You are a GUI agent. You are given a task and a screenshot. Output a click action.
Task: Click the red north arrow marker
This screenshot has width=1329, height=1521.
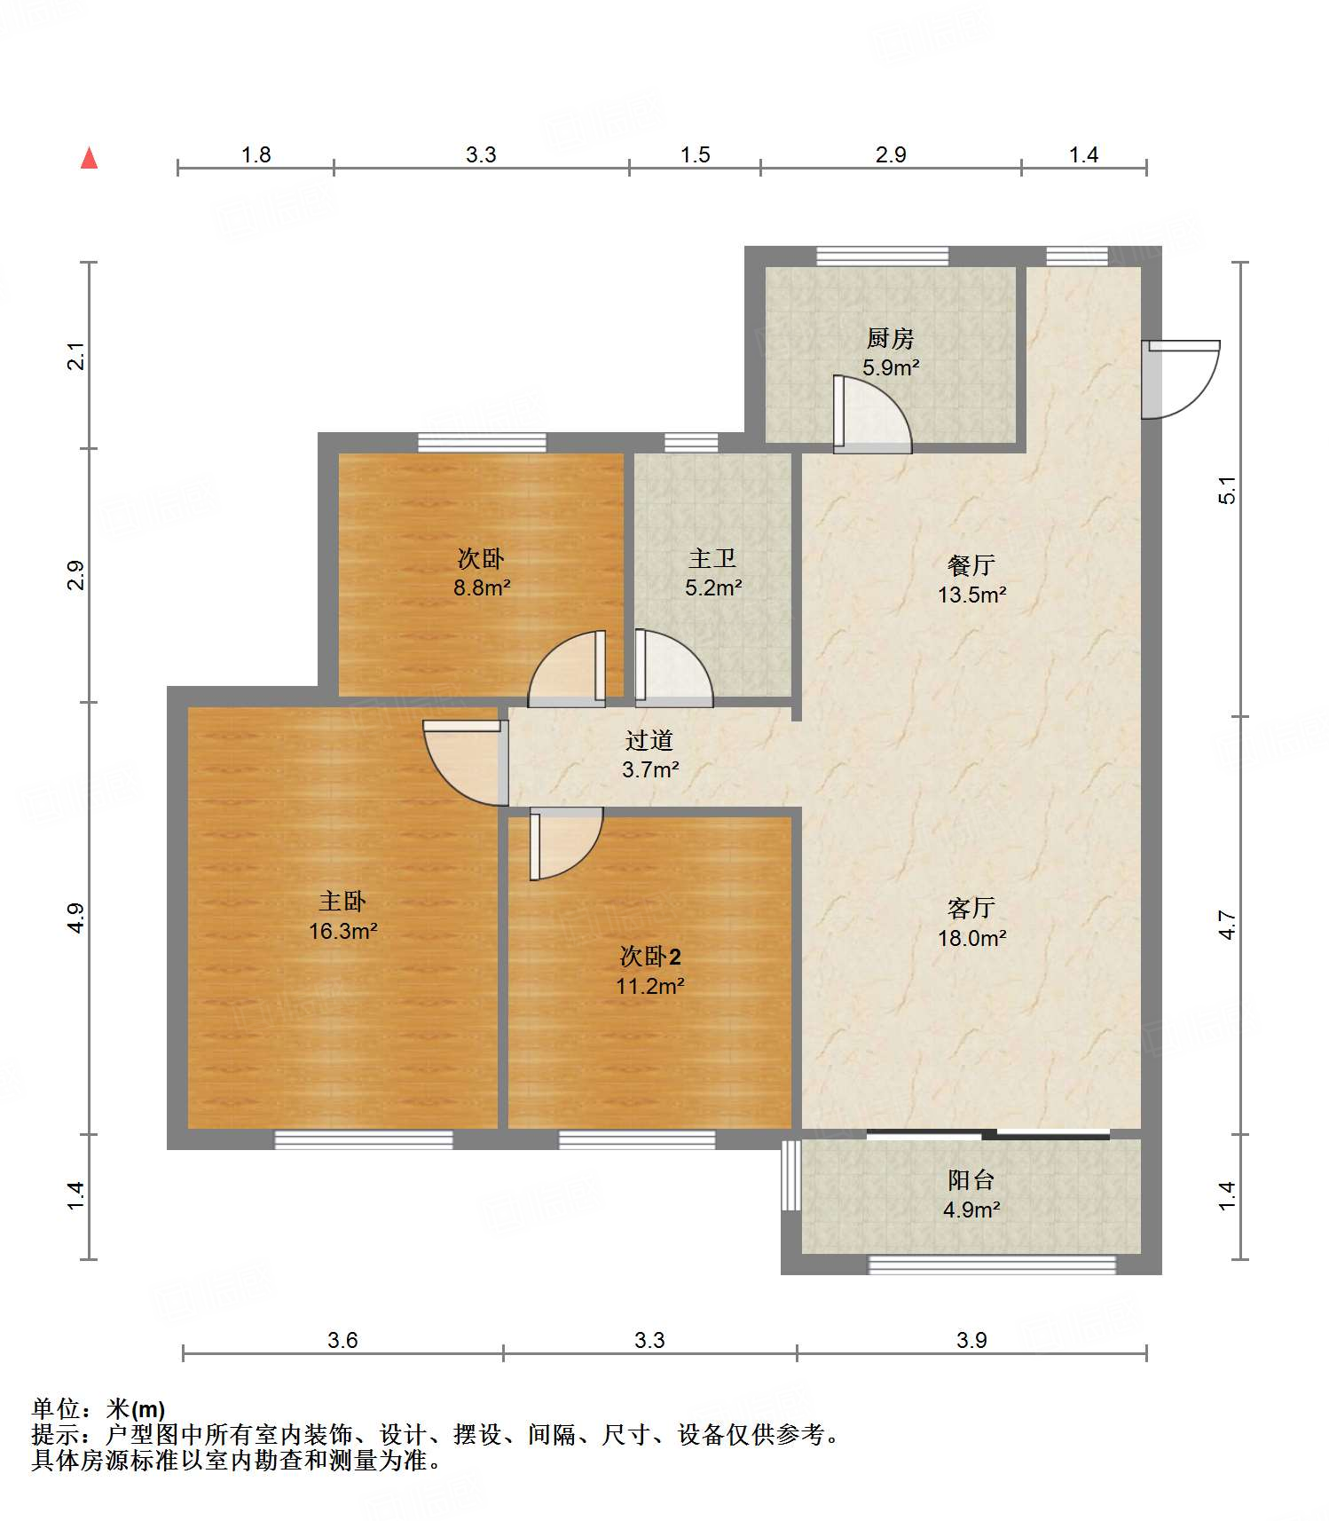[x=89, y=158]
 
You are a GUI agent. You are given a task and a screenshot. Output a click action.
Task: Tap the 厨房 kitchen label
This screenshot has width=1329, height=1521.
[x=890, y=338]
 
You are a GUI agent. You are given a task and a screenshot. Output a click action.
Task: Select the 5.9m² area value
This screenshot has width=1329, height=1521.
[x=891, y=367]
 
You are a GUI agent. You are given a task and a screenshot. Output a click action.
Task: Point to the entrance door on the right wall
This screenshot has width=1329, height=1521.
[x=1181, y=379]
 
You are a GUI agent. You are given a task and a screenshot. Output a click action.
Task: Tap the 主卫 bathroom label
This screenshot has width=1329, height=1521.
[x=712, y=558]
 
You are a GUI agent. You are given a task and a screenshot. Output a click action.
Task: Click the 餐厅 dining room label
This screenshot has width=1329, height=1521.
[x=971, y=565]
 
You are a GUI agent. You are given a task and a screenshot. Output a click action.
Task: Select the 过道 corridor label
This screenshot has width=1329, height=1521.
[x=649, y=740]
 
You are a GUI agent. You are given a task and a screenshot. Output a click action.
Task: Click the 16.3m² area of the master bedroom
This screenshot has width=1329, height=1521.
[x=343, y=931]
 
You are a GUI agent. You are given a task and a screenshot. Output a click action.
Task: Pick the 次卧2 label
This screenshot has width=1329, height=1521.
[x=650, y=957]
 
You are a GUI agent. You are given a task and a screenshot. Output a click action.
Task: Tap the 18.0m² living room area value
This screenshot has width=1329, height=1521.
[x=972, y=938]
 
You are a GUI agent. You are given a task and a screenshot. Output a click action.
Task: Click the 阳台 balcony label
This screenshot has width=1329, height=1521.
[x=971, y=1180]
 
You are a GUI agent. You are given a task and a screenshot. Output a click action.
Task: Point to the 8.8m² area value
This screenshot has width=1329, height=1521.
[x=482, y=587]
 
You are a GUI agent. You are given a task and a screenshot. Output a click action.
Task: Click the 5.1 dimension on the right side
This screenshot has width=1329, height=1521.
[x=1227, y=490]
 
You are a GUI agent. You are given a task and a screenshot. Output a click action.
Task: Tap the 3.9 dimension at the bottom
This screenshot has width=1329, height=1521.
[x=971, y=1340]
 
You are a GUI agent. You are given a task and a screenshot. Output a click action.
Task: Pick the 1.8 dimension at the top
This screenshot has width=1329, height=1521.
[x=256, y=154]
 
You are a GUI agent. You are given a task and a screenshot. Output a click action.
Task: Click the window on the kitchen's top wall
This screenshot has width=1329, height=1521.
[x=883, y=256]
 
